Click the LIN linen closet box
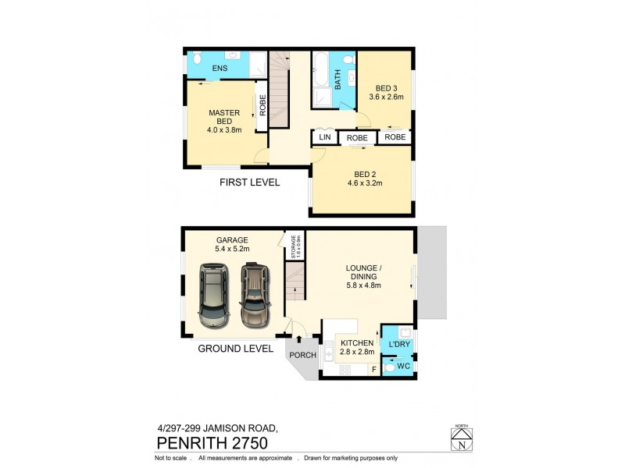coord(323,137)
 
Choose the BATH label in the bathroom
coord(338,80)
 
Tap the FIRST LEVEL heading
coord(248,183)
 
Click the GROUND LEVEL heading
coord(235,349)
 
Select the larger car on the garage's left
coord(214,296)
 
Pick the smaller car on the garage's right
coord(255,296)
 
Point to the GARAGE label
coord(232,239)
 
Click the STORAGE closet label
coord(295,246)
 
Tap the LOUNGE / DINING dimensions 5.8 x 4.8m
coord(363,285)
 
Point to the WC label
coord(403,365)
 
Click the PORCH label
coord(303,355)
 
